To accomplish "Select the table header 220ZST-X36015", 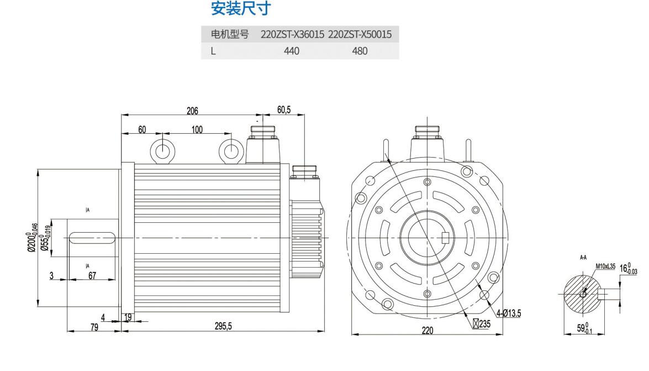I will [x=292, y=35].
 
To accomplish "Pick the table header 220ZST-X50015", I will [x=360, y=35].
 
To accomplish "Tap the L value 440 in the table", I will [x=292, y=51].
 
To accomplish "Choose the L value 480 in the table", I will [x=360, y=51].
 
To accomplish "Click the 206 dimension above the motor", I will [x=192, y=110].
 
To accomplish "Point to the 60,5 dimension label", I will [x=284, y=110].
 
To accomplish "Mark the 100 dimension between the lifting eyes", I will [x=197, y=129].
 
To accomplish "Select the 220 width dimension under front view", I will [x=427, y=330].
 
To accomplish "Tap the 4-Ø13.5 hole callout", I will [x=509, y=313].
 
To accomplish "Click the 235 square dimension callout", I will [x=482, y=323].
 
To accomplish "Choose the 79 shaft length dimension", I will [x=94, y=327].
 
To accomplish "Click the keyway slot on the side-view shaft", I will [x=92, y=237].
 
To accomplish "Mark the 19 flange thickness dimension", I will [x=128, y=317].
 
